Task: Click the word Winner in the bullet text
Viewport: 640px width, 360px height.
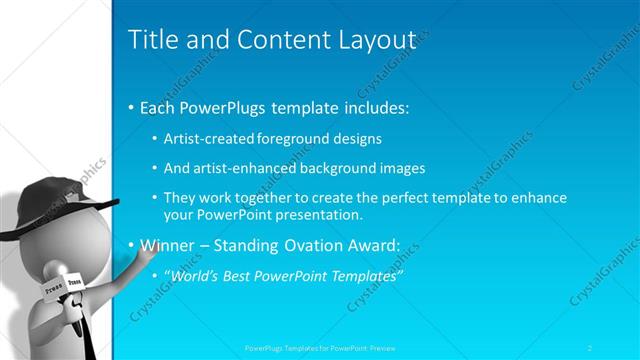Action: pyautogui.click(x=165, y=244)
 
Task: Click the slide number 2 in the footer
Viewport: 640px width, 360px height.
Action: pyautogui.click(x=618, y=348)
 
